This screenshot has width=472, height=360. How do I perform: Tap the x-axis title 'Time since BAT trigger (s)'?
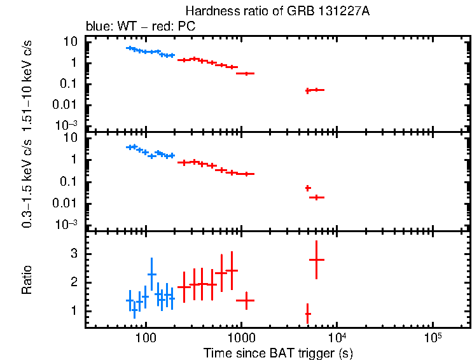tap(278, 352)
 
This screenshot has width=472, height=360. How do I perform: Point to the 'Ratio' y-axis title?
tap(27, 280)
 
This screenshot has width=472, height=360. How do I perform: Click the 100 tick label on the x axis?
tap(146, 338)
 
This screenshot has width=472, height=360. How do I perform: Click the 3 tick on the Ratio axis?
tap(77, 253)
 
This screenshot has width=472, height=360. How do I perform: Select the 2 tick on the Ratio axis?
tap(77, 282)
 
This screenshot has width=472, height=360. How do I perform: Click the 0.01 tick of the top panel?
tap(69, 104)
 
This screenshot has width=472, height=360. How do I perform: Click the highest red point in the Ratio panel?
tap(317, 260)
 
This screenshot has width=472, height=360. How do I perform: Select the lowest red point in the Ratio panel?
tap(308, 314)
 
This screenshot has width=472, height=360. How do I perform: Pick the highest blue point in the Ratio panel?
tap(151, 274)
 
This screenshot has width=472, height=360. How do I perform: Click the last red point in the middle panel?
tap(317, 197)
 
